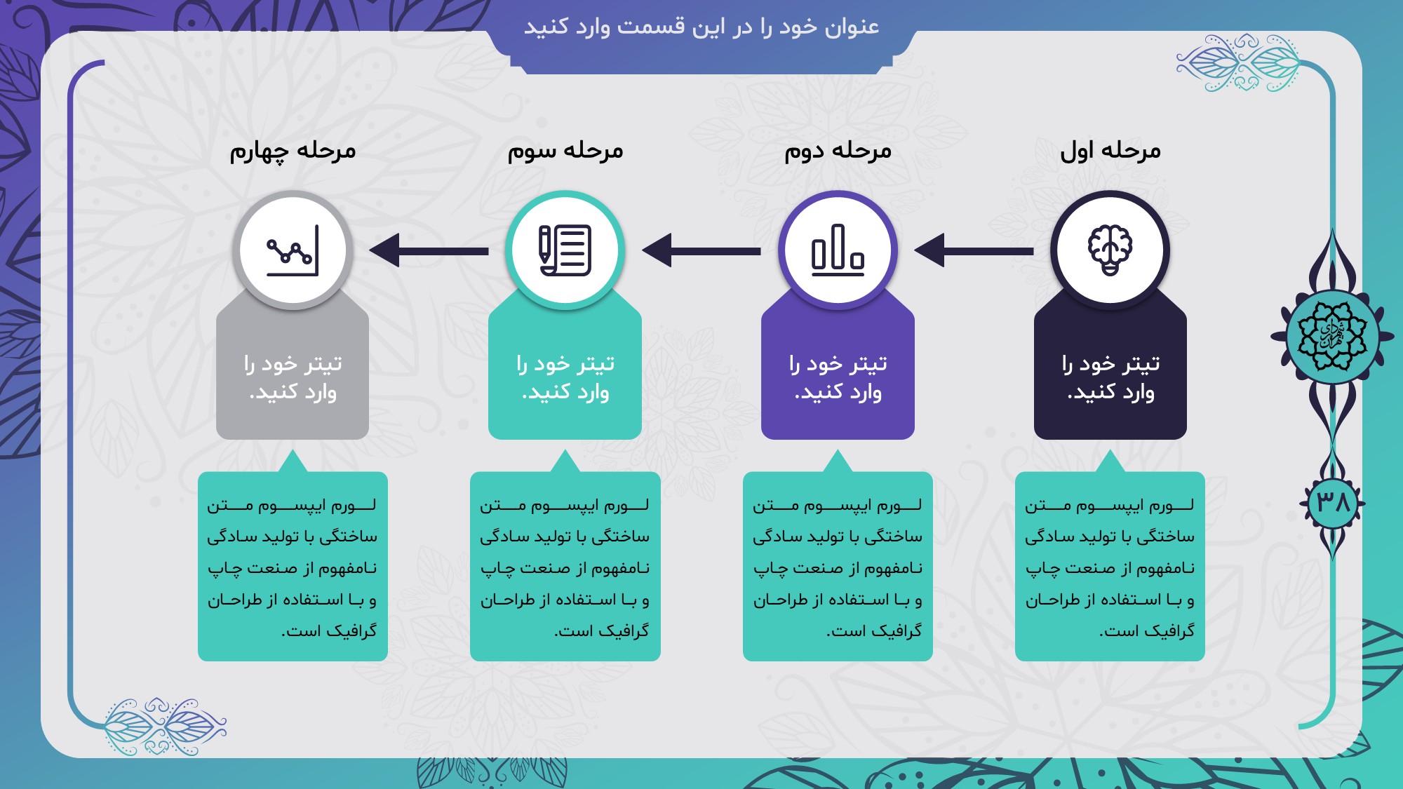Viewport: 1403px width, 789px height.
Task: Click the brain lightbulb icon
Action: point(1110,250)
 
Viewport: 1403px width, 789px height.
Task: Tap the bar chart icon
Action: point(838,250)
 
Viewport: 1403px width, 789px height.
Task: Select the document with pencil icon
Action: point(565,250)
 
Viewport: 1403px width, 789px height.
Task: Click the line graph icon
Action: point(293,250)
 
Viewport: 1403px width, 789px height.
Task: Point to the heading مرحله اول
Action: point(1110,151)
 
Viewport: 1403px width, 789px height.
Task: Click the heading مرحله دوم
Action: point(838,151)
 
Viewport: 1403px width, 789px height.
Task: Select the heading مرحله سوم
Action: point(565,151)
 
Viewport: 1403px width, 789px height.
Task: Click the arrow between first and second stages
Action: point(974,250)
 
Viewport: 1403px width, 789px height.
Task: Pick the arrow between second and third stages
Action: point(701,250)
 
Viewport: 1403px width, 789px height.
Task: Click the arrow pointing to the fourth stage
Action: point(429,250)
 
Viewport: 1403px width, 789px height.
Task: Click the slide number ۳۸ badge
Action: point(1333,502)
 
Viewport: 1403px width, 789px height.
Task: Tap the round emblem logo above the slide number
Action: point(1332,336)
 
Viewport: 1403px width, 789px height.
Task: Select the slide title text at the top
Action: point(701,27)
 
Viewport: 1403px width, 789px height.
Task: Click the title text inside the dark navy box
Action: point(1110,377)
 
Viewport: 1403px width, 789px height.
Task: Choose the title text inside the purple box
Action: point(838,377)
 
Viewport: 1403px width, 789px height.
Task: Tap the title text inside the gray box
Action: point(293,377)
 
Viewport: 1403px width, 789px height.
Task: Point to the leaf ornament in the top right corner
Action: point(1238,63)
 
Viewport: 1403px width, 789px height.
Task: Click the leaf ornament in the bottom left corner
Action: point(166,727)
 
